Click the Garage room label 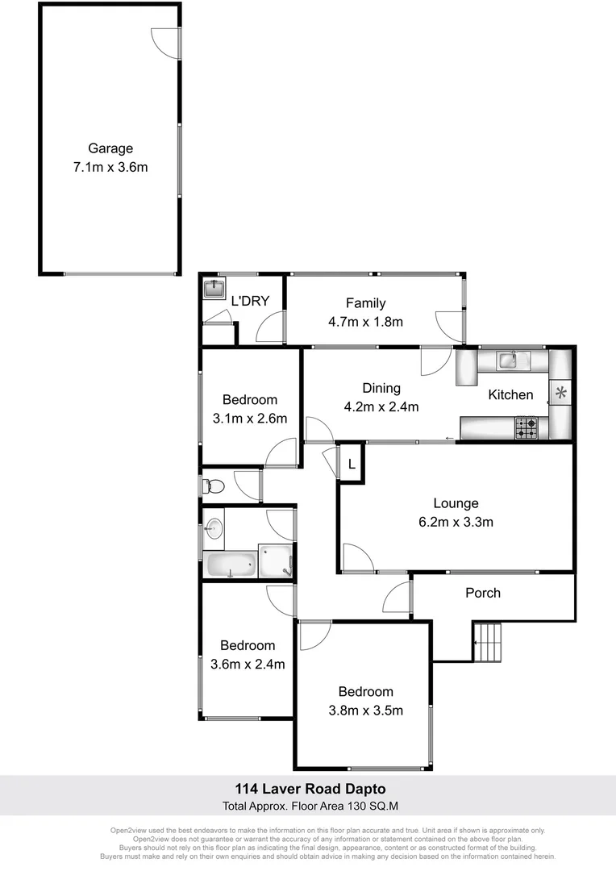pos(110,148)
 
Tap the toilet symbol pos(213,486)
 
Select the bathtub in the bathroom pos(231,564)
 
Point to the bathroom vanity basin pos(214,529)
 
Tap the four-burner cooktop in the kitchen pos(527,427)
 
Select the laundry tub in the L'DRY pos(214,289)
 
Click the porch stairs pos(487,642)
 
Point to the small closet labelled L pos(352,465)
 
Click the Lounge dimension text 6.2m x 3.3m pos(456,522)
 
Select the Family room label pos(365,303)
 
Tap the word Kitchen pos(510,394)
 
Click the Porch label pos(483,593)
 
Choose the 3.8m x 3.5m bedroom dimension pos(365,711)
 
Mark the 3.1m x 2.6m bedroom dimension pos(249,419)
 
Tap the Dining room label pos(381,388)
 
